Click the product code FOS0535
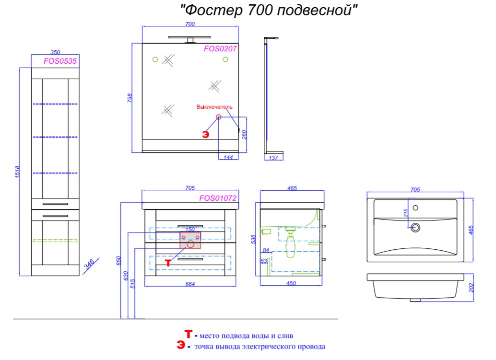tap(60, 61)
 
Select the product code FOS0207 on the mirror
tap(220, 49)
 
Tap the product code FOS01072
tap(218, 198)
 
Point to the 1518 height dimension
tap(17, 172)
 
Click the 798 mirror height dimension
tap(130, 98)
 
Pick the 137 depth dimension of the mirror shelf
tap(273, 158)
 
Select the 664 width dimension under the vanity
tap(190, 284)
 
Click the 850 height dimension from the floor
tap(118, 261)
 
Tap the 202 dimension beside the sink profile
tap(472, 288)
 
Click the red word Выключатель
tap(214, 107)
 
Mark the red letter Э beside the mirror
tap(206, 135)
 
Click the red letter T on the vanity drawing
tap(168, 263)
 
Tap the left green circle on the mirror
tap(155, 59)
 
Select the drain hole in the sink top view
tap(415, 227)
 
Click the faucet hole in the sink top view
tap(416, 208)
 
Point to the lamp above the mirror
tap(189, 39)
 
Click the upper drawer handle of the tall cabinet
tap(55, 204)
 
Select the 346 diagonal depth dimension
tap(89, 264)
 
